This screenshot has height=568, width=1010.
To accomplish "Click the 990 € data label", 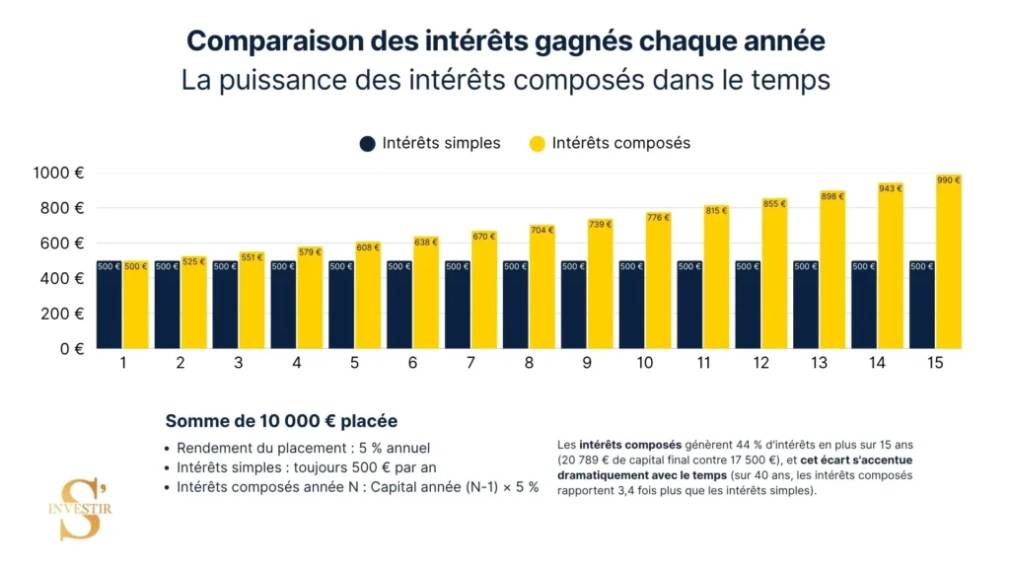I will point(949,180).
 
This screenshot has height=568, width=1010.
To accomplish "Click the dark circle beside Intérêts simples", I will point(368,143).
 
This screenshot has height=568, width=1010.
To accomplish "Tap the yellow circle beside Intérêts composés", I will point(538,143).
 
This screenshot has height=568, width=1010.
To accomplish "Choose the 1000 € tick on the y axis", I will point(58,173).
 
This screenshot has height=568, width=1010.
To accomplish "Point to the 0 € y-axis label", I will point(69,348).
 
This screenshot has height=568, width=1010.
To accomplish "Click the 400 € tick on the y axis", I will point(61,278).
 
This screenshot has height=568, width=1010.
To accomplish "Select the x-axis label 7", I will point(470,363).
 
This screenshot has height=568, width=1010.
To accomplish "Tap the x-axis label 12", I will point(760,363).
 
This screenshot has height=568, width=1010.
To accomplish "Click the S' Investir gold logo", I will point(85,509).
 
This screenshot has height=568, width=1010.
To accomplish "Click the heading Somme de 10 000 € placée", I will point(281,421).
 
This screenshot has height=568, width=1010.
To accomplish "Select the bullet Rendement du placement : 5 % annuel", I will point(303,448).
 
